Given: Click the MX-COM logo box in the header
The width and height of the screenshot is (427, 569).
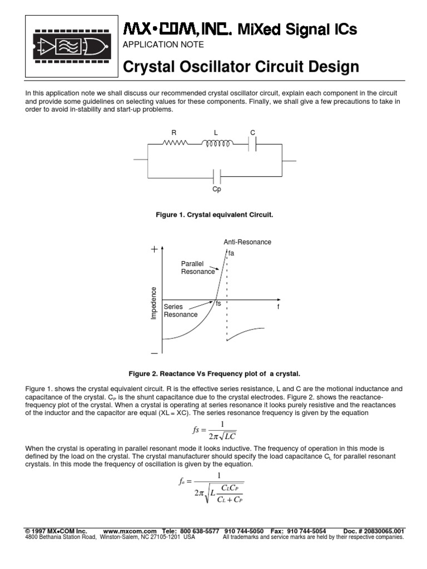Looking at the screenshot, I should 69,46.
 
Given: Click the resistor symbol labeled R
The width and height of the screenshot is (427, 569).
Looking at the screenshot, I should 174,143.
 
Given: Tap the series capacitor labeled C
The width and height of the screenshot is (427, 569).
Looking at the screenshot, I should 253,143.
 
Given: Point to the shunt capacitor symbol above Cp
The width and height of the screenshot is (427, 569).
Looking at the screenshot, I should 217,177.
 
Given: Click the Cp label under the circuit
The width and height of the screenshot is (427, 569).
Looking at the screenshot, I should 217,189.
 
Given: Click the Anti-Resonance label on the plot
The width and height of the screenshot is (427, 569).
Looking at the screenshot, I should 247,242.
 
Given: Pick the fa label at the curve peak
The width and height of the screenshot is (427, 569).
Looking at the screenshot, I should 231,253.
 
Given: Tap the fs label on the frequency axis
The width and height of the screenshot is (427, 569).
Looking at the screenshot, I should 219,304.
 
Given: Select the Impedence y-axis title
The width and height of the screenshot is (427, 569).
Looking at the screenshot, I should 154,303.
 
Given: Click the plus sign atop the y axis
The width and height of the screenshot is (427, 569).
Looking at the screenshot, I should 154,251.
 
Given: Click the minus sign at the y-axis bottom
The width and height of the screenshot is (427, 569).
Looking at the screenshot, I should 154,352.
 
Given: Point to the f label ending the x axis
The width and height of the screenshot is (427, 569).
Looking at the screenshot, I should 278,307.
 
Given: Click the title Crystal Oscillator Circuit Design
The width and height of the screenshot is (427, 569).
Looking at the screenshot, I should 241,67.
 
